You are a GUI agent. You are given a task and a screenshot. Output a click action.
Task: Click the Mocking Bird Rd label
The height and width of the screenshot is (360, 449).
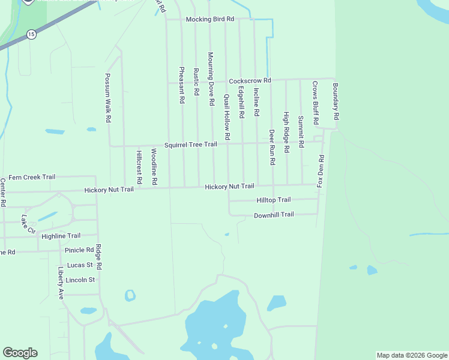click(209, 19)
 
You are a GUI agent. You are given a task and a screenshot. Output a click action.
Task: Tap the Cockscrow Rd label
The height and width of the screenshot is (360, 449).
click(250, 80)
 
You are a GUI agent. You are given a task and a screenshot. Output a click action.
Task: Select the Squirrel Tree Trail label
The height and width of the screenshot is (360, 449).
click(190, 144)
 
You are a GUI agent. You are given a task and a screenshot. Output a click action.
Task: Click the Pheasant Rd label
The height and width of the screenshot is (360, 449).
click(182, 85)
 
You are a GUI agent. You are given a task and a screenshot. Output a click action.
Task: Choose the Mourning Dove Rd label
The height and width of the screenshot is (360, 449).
click(211, 79)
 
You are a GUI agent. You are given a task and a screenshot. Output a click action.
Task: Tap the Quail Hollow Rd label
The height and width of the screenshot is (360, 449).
click(227, 117)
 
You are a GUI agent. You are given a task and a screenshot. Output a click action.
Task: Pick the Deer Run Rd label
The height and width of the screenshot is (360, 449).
click(272, 147)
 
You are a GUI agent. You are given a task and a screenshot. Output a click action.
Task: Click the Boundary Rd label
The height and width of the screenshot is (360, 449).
click(336, 100)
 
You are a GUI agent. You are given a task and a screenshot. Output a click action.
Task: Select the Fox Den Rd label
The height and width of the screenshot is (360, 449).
click(321, 170)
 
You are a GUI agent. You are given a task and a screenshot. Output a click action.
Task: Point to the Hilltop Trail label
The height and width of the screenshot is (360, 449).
click(273, 200)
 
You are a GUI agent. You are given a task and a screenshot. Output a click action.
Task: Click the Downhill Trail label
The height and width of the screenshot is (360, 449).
click(274, 215)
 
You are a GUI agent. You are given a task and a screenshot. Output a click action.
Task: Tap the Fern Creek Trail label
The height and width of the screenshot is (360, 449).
click(32, 177)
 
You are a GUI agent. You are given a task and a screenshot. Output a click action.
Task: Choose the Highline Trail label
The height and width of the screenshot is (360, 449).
click(61, 236)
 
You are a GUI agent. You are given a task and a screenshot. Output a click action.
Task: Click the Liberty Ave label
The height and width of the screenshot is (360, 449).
click(61, 283)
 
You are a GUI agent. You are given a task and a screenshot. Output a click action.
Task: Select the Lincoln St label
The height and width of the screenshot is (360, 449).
click(80, 280)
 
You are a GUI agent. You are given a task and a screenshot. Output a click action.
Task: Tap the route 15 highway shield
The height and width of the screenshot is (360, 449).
click(31, 35)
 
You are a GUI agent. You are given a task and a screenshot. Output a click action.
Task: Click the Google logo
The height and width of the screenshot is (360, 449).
click(20, 353)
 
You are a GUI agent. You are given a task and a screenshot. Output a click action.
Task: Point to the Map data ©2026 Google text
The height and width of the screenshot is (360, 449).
click(412, 355)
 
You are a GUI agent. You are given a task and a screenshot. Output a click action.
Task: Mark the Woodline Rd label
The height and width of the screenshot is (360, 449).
click(154, 166)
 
